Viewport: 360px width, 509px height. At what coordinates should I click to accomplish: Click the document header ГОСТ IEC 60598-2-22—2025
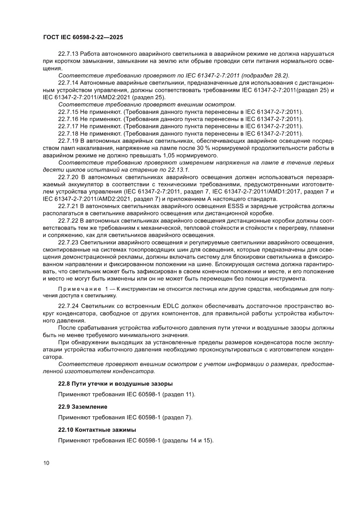click(x=83, y=37)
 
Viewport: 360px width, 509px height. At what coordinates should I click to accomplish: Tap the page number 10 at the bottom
click(x=47, y=462)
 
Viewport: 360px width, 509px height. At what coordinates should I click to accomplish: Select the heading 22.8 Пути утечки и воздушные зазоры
click(x=115, y=384)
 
